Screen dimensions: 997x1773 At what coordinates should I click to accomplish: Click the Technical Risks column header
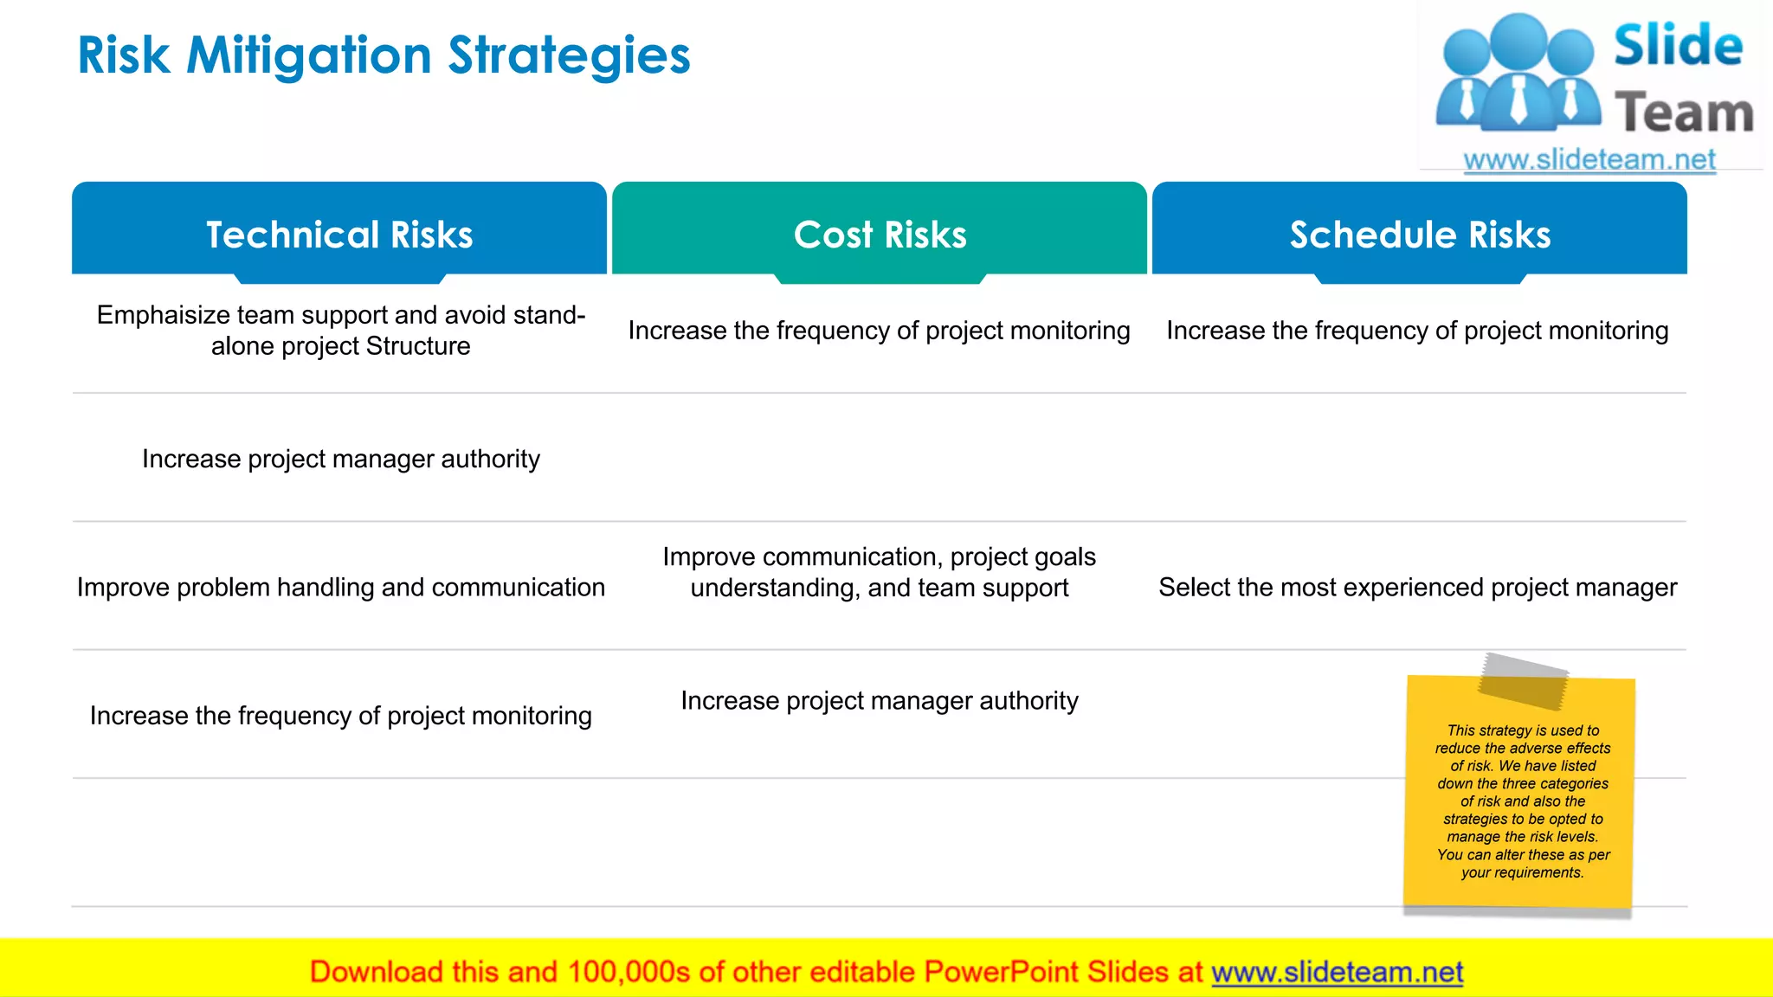339,235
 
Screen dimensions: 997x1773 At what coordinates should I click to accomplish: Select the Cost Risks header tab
880,235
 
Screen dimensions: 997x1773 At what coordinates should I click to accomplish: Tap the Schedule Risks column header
1420,235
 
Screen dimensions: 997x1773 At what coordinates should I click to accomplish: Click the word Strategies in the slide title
569,56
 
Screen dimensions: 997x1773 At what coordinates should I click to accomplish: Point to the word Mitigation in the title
309,56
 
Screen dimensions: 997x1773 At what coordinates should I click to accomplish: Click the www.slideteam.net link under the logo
1589,160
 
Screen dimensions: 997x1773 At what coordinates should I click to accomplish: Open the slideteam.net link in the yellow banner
1337,973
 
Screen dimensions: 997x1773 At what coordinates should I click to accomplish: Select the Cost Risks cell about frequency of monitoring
879,331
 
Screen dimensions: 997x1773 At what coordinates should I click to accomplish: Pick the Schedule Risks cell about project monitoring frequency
1417,331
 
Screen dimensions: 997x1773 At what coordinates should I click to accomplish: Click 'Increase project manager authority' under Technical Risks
341,459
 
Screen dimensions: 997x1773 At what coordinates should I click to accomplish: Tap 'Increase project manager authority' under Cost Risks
880,700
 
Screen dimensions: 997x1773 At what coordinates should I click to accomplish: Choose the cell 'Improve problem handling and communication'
341,588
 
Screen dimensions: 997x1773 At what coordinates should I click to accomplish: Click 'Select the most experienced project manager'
1417,588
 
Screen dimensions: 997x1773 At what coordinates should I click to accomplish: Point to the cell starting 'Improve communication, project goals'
880,572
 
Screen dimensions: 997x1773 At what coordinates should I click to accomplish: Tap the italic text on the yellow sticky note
1523,801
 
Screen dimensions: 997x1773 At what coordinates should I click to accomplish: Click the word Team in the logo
1684,113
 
